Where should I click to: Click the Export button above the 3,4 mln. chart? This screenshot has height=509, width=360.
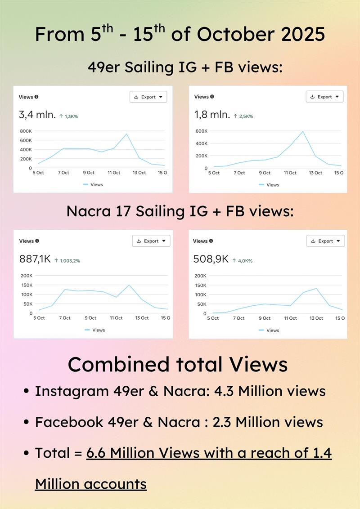click(x=148, y=97)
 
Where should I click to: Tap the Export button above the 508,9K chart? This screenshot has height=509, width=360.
click(x=325, y=241)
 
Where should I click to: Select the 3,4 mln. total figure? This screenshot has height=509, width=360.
click(x=37, y=115)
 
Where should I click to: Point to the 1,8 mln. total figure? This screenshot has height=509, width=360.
click(x=212, y=115)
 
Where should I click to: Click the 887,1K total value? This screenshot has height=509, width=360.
click(x=35, y=259)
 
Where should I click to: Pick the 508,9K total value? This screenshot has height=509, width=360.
click(x=211, y=259)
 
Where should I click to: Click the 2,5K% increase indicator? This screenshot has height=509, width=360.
click(x=243, y=116)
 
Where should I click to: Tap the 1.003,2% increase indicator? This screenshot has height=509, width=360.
click(x=67, y=260)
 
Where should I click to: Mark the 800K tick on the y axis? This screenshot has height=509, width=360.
click(x=26, y=131)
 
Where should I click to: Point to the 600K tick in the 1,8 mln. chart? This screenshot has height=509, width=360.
click(x=201, y=131)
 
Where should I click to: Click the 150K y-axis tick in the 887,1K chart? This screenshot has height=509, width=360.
click(x=27, y=285)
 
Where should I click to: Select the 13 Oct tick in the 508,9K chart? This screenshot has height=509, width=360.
click(x=316, y=318)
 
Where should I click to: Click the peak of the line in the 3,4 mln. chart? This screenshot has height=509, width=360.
click(x=127, y=134)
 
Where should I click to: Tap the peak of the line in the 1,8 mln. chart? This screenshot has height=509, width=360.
click(x=303, y=132)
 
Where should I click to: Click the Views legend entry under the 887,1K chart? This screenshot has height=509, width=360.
click(x=95, y=330)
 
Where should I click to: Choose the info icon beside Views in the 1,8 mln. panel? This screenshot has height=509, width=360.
click(x=212, y=97)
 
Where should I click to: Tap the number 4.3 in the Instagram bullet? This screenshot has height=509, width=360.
click(x=223, y=391)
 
